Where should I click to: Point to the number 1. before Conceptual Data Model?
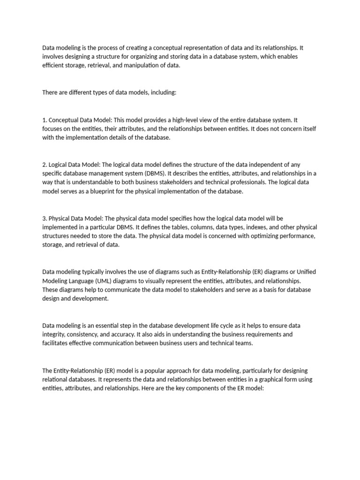45,120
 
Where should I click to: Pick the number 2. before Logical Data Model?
45,165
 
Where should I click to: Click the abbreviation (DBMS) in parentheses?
154,173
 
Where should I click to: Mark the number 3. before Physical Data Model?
45,218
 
